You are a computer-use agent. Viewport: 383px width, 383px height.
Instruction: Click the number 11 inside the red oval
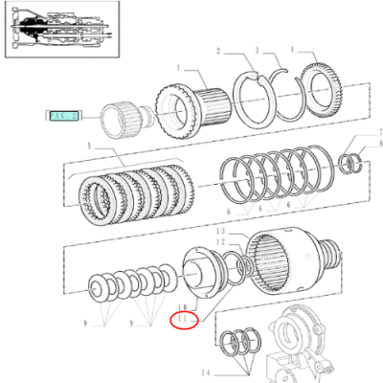[x=182, y=319]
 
